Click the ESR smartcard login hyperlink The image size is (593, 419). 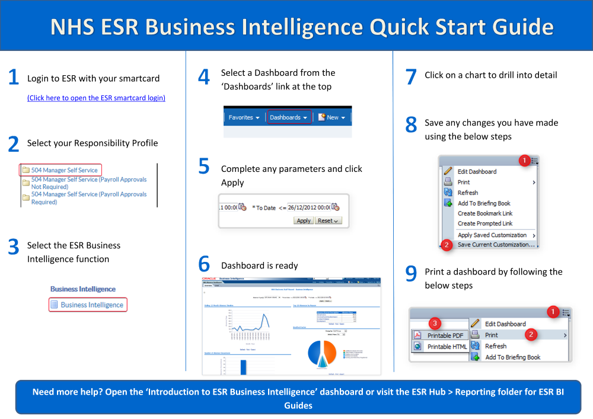click(96, 98)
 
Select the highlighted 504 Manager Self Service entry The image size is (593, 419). click(64, 170)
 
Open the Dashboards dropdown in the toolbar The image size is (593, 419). click(288, 117)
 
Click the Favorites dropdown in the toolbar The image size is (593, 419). click(244, 117)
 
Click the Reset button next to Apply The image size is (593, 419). click(328, 220)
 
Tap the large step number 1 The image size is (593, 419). click(13, 78)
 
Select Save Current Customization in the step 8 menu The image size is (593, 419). click(496, 244)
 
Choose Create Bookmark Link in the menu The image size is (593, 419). click(484, 213)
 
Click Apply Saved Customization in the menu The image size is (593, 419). click(492, 235)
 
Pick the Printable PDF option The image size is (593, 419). click(447, 335)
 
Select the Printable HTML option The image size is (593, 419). click(447, 347)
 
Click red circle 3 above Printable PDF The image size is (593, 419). click(435, 323)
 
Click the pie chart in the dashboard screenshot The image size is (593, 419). click(322, 353)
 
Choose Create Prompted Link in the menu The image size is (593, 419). click(484, 223)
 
